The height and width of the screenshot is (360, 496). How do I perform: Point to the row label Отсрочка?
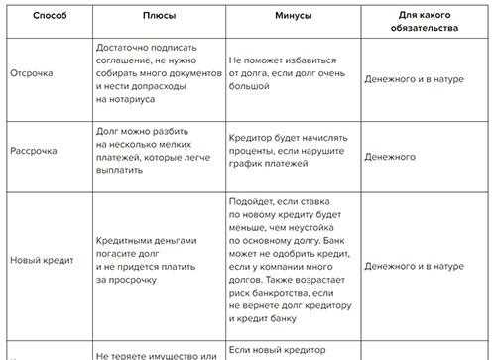click(x=33, y=77)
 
